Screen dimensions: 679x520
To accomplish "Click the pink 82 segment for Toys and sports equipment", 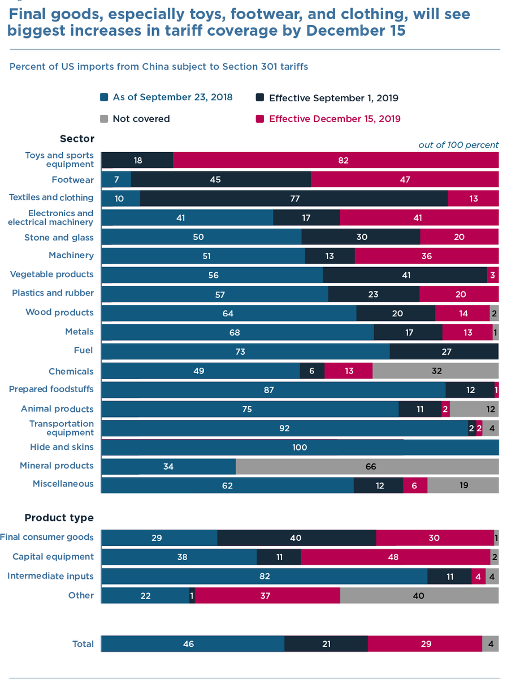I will click(336, 160).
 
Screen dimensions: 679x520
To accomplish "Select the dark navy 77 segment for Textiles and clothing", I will click(294, 199).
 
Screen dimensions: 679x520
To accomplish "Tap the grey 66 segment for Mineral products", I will click(367, 467).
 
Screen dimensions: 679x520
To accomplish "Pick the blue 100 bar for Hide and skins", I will click(300, 448).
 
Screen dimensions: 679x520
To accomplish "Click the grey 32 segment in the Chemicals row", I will click(435, 371).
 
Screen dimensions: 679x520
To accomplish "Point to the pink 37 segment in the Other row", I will click(267, 595).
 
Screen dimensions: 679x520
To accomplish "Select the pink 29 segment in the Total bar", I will click(424, 644).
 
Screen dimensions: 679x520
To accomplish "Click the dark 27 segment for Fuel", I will click(444, 352).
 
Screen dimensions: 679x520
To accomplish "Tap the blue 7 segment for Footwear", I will click(116, 179).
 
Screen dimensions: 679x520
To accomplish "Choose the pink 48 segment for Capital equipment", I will click(395, 557).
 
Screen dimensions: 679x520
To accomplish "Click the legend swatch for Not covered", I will click(104, 119).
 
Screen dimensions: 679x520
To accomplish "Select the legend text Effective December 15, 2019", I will click(335, 119).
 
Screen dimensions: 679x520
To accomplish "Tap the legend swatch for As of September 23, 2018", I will click(104, 97).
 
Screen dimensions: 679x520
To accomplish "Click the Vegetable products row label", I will click(52, 274).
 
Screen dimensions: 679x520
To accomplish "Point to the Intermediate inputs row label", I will click(50, 576).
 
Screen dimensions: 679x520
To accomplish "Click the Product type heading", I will click(59, 518).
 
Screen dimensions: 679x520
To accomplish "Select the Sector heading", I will click(77, 139).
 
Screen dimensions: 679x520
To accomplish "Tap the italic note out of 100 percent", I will click(458, 145).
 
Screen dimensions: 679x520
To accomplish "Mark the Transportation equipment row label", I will click(62, 428).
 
